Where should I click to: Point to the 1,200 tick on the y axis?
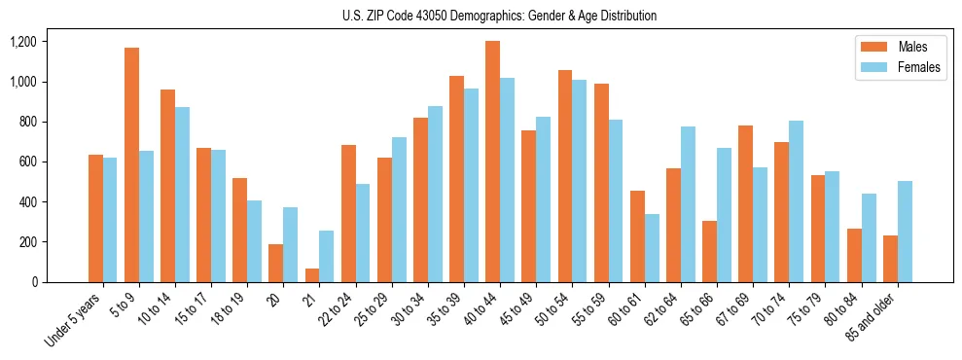22,42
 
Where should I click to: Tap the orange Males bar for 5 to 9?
131,164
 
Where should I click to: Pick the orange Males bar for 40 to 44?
492,162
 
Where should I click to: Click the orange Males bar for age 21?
312,275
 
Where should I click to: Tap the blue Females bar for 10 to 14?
182,195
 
